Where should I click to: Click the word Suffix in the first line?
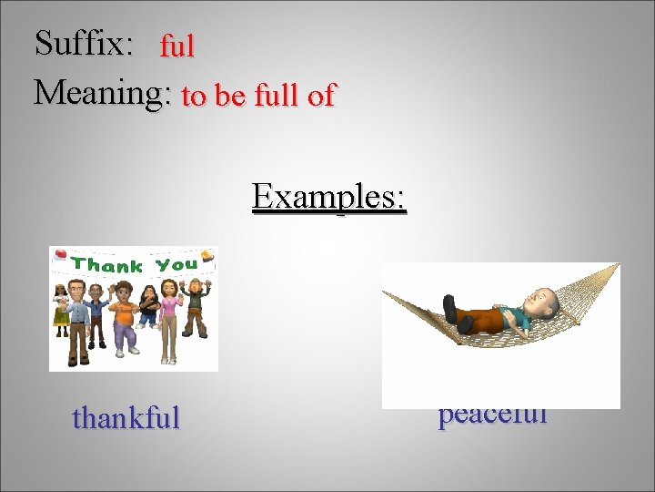(83, 43)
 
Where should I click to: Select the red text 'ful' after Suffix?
(177, 46)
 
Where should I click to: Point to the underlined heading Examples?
(329, 196)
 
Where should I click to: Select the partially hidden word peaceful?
(492, 416)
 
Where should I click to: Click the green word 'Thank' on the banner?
(107, 265)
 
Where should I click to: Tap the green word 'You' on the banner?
(176, 265)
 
